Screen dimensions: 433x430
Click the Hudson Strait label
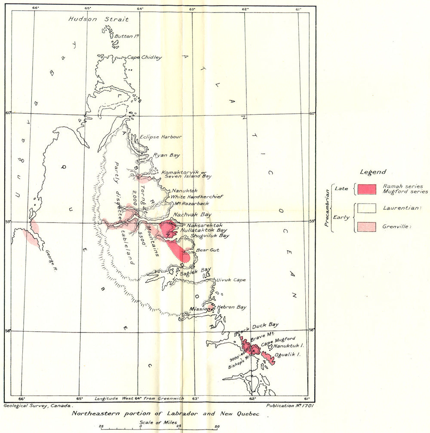(x=98, y=19)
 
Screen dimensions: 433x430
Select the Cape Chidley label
(x=144, y=58)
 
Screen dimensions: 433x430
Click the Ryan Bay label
(x=167, y=156)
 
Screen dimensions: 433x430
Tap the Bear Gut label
(x=204, y=250)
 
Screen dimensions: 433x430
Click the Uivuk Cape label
(x=231, y=280)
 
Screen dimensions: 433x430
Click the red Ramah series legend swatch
(x=367, y=189)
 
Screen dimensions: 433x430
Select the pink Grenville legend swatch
(x=367, y=227)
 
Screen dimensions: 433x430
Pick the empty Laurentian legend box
(x=367, y=208)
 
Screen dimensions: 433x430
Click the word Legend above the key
(x=372, y=172)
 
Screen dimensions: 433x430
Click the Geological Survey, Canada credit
(x=39, y=405)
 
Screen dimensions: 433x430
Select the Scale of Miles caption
(x=158, y=423)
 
